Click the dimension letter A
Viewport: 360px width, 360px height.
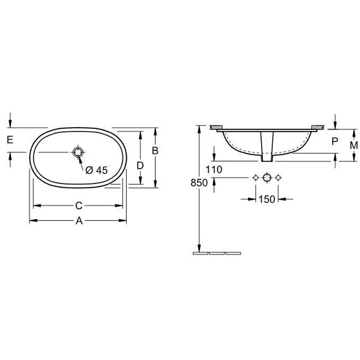79,221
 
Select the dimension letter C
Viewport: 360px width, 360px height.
79,206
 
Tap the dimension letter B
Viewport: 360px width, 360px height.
155,151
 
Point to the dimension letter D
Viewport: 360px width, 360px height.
140,166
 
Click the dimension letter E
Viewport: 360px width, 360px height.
10,140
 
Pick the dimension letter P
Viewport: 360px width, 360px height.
335,141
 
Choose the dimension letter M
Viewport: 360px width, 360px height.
354,145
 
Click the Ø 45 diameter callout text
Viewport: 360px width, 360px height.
96,170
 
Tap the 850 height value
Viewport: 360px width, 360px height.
199,183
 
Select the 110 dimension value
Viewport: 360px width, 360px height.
214,170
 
